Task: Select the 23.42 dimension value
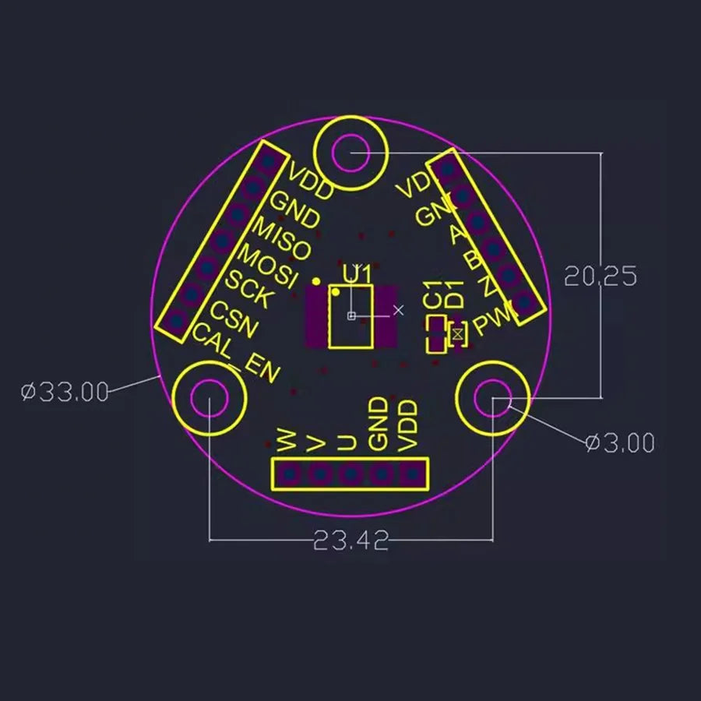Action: [350, 540]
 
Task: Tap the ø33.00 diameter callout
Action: [65, 392]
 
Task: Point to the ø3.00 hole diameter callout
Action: [620, 443]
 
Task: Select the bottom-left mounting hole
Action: [210, 400]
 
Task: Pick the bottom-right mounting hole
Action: [492, 400]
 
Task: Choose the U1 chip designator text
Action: [357, 274]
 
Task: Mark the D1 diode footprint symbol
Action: [458, 334]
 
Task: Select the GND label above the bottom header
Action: [379, 424]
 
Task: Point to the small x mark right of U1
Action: [399, 310]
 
